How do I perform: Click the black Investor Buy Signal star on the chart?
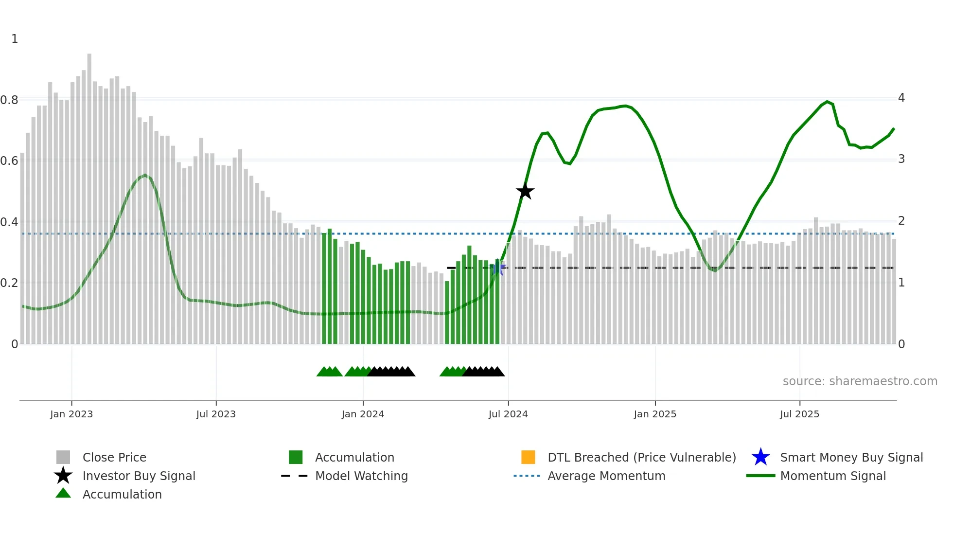(x=525, y=191)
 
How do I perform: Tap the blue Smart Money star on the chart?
(x=498, y=268)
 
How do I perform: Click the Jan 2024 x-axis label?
(x=363, y=414)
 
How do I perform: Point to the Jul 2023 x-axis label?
(x=216, y=414)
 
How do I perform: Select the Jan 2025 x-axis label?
(x=655, y=414)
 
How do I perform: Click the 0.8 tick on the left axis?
(x=9, y=100)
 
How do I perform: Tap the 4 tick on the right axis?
(x=901, y=98)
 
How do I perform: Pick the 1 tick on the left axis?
(x=15, y=39)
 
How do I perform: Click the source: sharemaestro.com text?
(x=860, y=381)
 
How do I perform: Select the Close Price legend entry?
(x=114, y=457)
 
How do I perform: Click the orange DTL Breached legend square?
(x=528, y=457)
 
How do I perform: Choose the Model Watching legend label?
(x=361, y=476)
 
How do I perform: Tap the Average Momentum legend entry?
(x=606, y=476)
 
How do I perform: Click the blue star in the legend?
(x=760, y=457)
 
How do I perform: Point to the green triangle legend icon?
(x=63, y=494)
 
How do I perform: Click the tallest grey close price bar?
(x=89, y=195)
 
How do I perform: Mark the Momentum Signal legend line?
(x=760, y=476)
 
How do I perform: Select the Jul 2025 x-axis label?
(x=799, y=414)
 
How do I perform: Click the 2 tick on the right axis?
(x=901, y=221)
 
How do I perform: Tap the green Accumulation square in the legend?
(x=296, y=457)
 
